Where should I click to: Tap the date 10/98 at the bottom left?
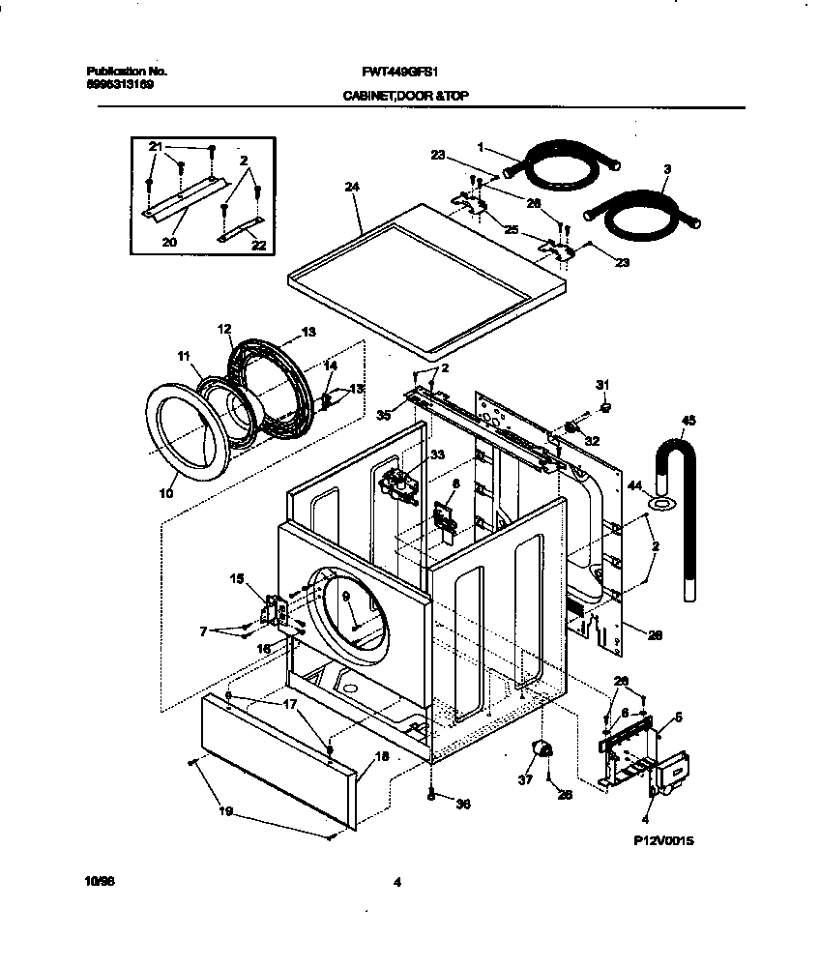[99, 881]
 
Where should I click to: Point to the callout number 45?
[688, 421]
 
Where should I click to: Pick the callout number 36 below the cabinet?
[462, 804]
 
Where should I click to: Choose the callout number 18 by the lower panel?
[380, 757]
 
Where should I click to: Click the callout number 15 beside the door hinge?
[236, 579]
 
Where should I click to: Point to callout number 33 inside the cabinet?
[437, 454]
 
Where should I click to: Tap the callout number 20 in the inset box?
[169, 242]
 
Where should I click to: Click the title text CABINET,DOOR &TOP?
[405, 97]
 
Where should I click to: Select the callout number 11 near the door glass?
[185, 357]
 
